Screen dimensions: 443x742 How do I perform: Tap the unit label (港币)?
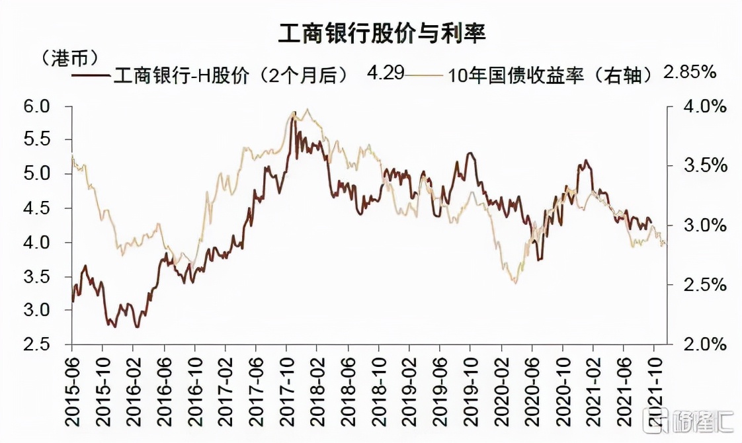click(70, 57)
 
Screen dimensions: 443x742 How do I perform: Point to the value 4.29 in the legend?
click(385, 73)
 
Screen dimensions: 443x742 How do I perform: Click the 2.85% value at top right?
click(689, 73)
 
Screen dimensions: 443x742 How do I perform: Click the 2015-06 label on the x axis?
click(72, 387)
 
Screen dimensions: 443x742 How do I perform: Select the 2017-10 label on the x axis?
click(287, 387)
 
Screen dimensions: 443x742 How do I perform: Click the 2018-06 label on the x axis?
click(348, 387)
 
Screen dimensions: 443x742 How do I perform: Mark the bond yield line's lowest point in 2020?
click(514, 283)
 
